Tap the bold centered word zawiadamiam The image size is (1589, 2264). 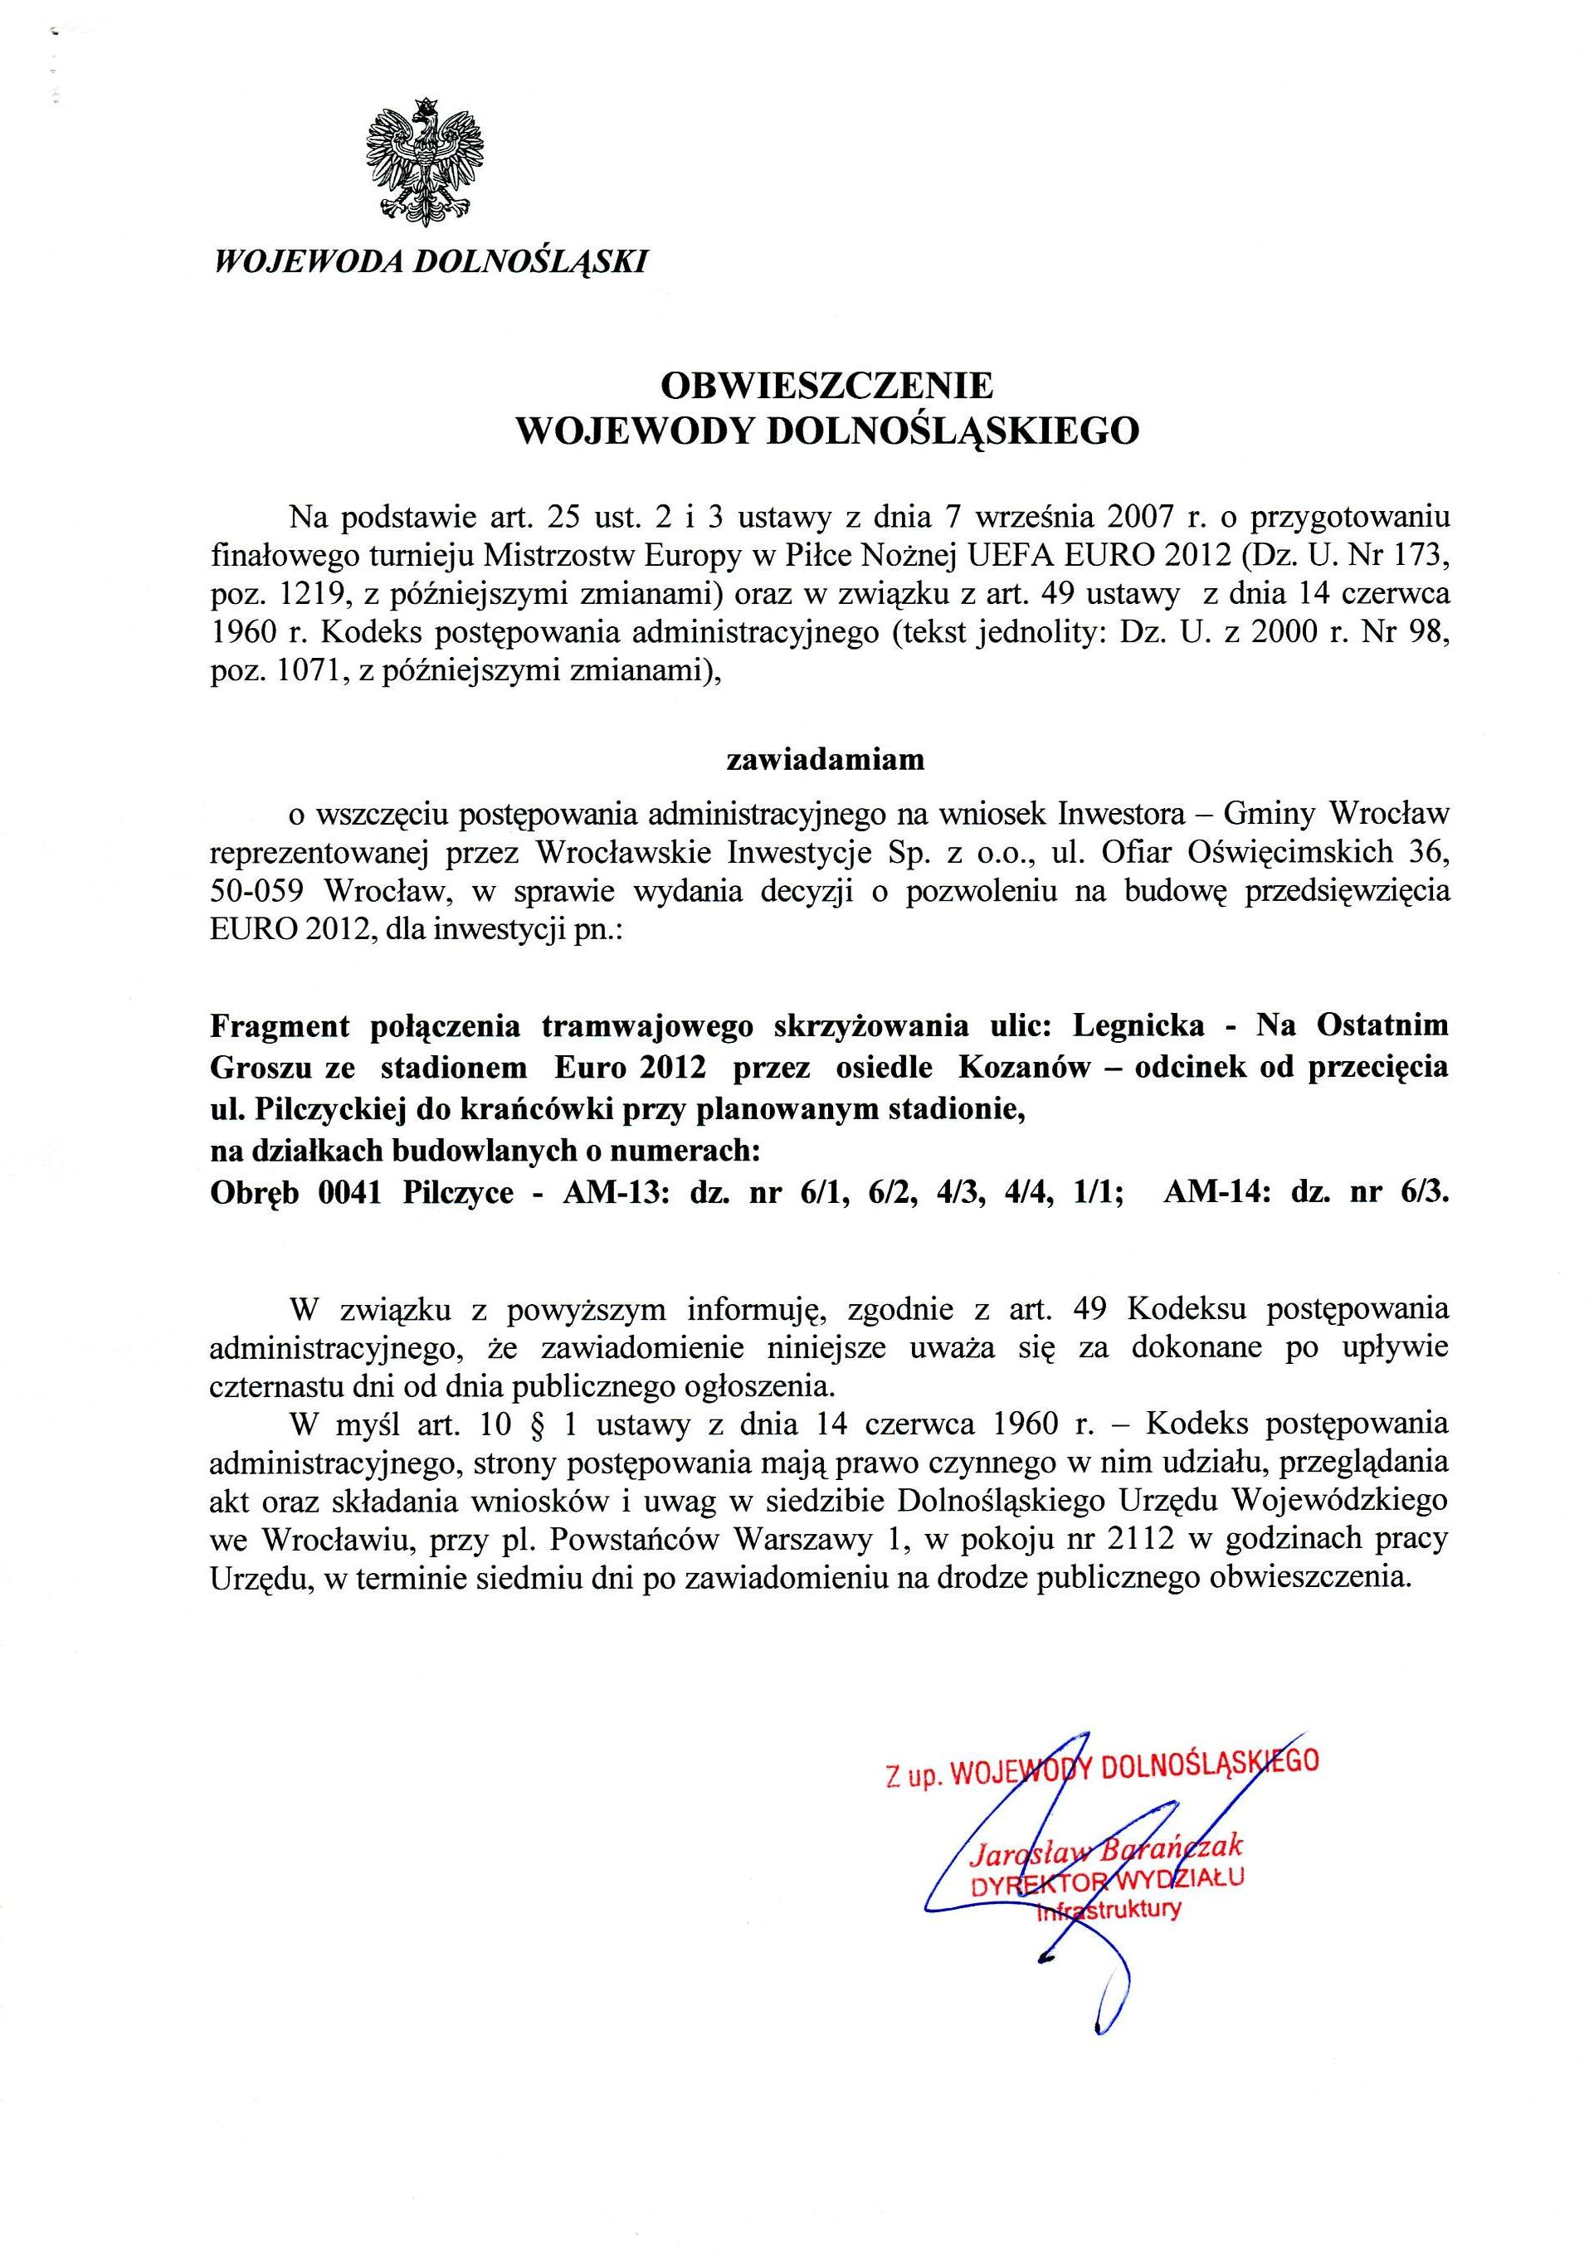coord(826,760)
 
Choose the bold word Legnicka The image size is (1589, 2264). coord(1138,1025)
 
